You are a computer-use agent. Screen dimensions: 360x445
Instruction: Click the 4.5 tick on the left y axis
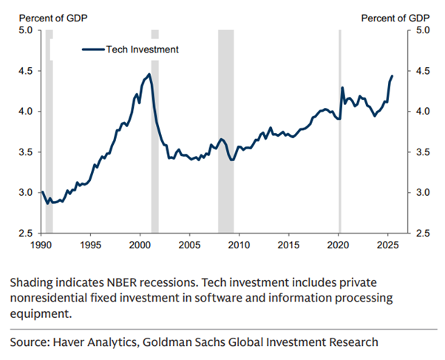pyautogui.click(x=26, y=71)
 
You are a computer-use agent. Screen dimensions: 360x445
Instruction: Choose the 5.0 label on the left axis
pyautogui.click(x=26, y=30)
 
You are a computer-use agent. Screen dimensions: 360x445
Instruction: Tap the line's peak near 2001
pyautogui.click(x=149, y=74)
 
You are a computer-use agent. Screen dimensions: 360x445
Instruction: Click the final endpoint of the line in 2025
pyautogui.click(x=393, y=76)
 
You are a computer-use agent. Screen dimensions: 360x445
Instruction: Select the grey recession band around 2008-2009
pyautogui.click(x=225, y=132)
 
